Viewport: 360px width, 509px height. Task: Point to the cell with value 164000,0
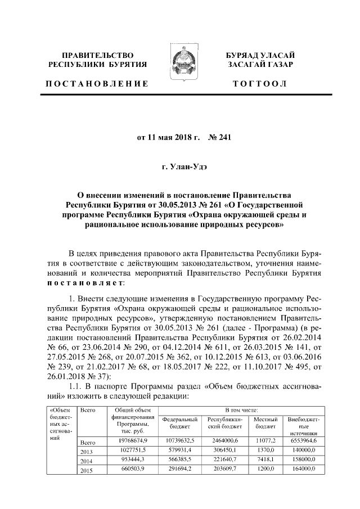pos(308,470)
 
